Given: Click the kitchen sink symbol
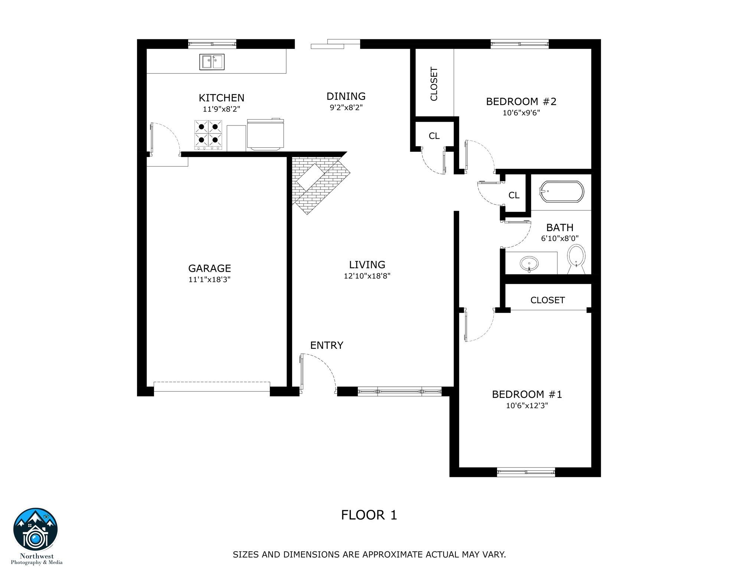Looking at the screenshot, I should [212, 62].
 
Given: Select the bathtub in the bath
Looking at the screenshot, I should [561, 191].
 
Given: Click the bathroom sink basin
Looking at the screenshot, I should [529, 264].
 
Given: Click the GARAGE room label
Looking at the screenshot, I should [209, 268].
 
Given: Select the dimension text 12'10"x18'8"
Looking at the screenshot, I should [367, 276].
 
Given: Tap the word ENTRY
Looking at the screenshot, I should [327, 345].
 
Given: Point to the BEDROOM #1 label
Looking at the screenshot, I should [527, 394].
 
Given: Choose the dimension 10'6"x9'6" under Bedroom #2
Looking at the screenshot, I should [521, 113].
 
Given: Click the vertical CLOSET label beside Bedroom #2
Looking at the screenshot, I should [434, 84].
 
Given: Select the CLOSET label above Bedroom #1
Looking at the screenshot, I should [548, 300].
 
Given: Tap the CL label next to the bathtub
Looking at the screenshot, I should [514, 195].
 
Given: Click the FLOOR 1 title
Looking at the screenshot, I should [369, 515].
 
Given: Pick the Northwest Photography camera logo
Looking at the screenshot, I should [36, 530].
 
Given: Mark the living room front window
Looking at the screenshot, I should [399, 392].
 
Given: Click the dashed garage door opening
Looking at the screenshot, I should [212, 386].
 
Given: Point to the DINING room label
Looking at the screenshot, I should [346, 96].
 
